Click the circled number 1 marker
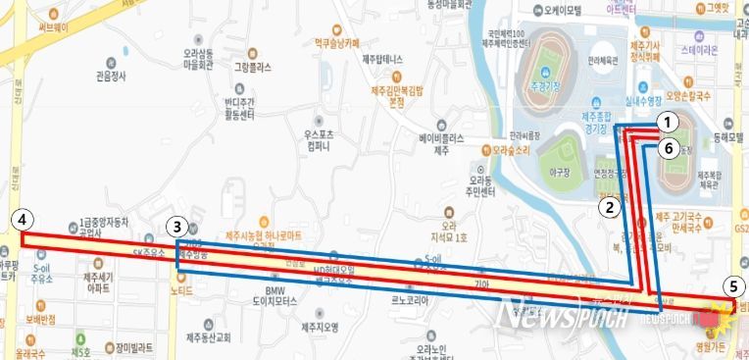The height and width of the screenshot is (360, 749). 667,123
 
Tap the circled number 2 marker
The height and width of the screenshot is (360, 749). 610,206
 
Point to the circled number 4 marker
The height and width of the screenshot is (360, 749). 22,218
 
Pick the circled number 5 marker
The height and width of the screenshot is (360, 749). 730,287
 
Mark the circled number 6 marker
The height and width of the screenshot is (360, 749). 667,148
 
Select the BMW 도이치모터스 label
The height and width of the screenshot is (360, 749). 288,297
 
